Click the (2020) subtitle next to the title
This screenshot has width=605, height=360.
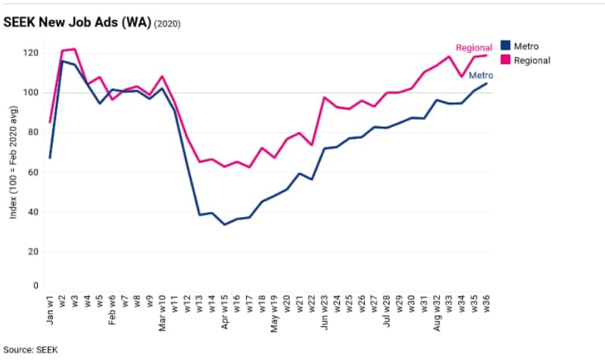(167, 23)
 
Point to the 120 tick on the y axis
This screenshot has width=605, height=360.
(31, 53)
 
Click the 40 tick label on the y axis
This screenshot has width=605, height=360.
(33, 212)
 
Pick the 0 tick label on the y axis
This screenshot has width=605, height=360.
(35, 287)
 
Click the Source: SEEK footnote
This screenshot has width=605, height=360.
(30, 349)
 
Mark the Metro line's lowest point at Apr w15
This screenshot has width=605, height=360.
(225, 225)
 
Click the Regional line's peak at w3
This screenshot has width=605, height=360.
(74, 49)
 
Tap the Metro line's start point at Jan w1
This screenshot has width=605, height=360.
(50, 157)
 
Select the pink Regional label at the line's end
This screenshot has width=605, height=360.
(474, 48)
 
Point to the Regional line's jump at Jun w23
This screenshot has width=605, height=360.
(324, 97)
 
